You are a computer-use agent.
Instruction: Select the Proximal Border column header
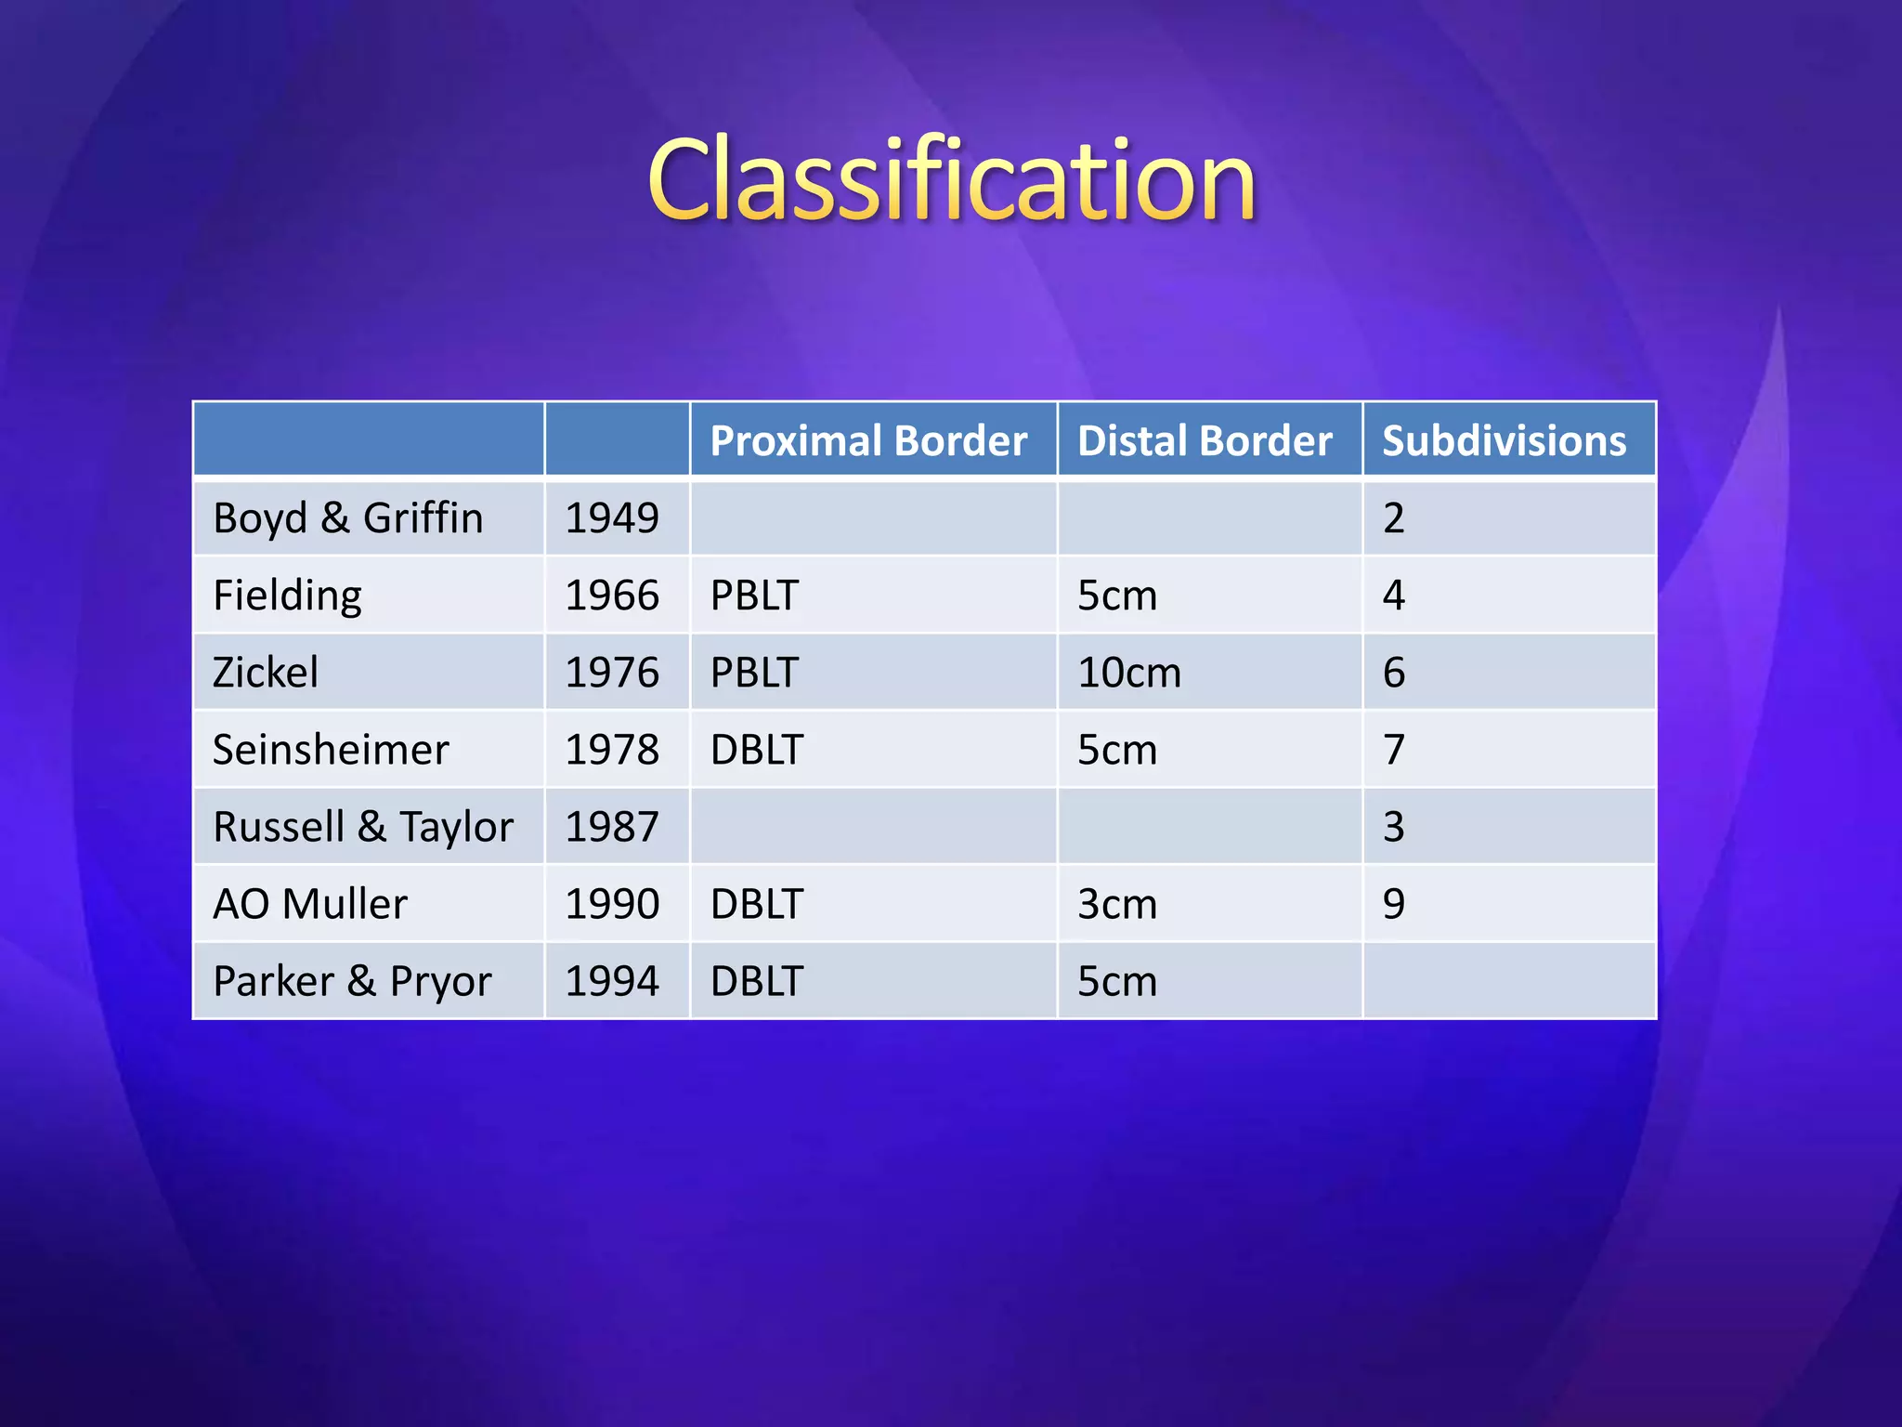point(868,440)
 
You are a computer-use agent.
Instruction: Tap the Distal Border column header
point(1205,440)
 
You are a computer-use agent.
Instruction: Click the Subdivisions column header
point(1504,440)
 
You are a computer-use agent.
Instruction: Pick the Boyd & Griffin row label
point(348,518)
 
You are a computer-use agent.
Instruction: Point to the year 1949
point(612,518)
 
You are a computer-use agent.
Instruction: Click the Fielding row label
point(287,596)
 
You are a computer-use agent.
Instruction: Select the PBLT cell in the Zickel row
point(754,673)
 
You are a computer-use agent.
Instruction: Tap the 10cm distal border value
point(1129,673)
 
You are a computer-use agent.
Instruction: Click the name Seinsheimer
point(331,750)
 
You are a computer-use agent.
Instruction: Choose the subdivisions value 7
point(1393,750)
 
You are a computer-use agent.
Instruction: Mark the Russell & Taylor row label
point(363,827)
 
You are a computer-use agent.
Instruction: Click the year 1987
point(612,827)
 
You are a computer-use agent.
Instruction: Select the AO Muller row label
point(310,904)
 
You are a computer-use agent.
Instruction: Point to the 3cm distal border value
point(1117,904)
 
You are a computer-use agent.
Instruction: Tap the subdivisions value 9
point(1393,904)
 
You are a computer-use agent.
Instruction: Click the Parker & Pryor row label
point(352,981)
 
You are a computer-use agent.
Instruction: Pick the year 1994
point(612,981)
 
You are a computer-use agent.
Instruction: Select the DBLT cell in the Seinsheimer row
point(756,750)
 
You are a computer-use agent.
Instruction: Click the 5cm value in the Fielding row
point(1117,596)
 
